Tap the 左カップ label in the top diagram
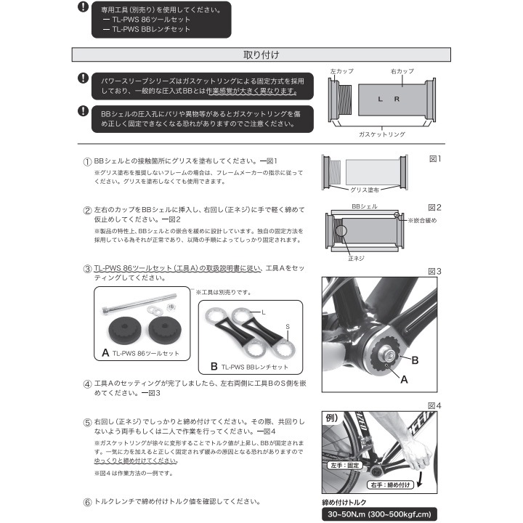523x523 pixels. tap(341, 71)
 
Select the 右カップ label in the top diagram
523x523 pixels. tap(401, 71)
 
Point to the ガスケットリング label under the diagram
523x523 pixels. tap(381, 134)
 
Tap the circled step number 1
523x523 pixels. tap(87, 161)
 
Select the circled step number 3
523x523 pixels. tap(87, 269)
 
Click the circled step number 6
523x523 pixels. tap(87, 501)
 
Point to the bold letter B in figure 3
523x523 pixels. tap(415, 359)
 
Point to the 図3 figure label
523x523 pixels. tap(434, 272)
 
